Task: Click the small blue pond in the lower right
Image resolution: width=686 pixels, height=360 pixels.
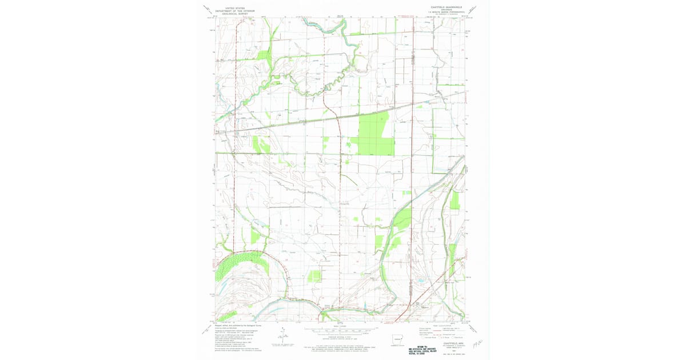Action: pos(422,281)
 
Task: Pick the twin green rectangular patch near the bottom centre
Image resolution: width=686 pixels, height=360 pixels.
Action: pos(314,276)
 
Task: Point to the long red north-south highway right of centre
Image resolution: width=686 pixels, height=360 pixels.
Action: pos(412,171)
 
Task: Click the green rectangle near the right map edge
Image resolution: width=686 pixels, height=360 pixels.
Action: pos(454,200)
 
